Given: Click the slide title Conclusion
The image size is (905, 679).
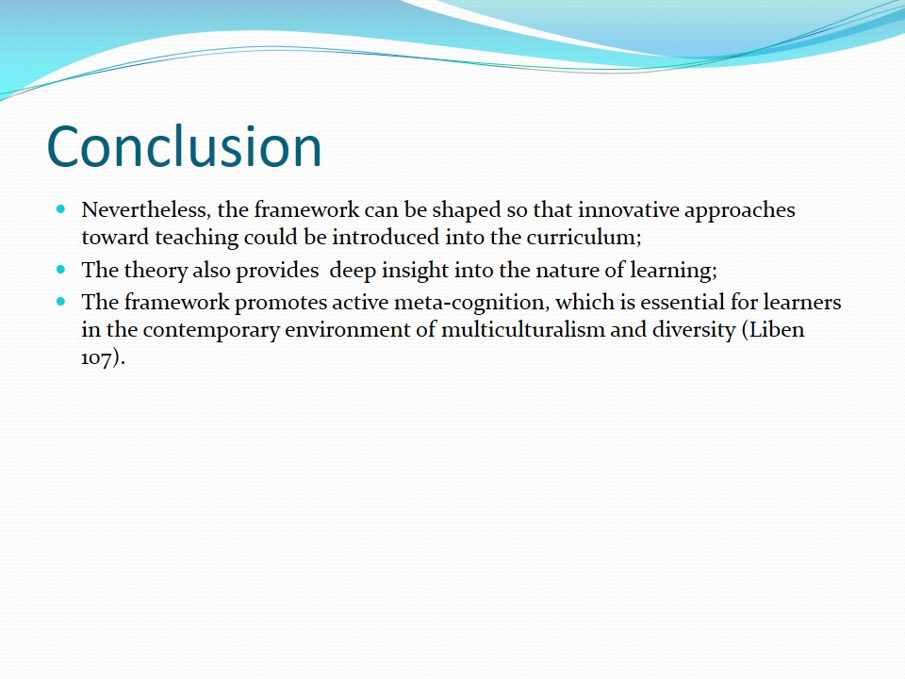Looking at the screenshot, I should click(184, 146).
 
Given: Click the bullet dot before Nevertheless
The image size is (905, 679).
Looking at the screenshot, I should click(62, 208).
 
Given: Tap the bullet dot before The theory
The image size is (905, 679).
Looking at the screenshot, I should click(62, 270).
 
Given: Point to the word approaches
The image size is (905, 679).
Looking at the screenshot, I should click(740, 209).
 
